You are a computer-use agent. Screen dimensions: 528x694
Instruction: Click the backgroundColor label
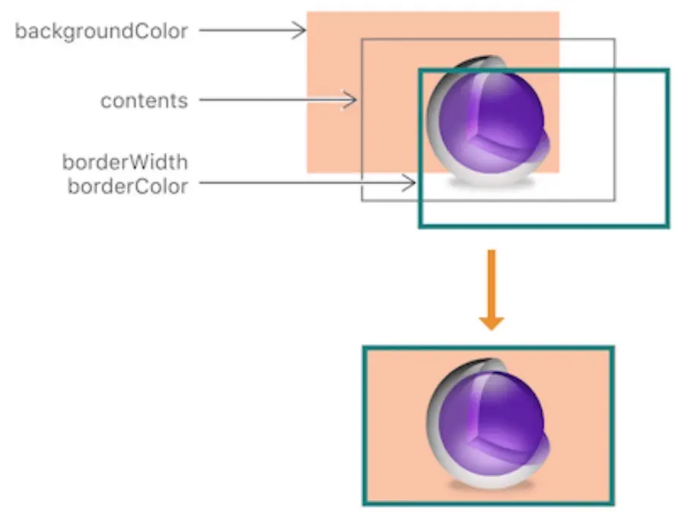(101, 32)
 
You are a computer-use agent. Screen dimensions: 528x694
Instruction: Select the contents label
(145, 100)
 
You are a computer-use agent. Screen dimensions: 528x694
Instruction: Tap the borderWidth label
(126, 162)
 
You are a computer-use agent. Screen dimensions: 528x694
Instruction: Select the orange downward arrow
(492, 289)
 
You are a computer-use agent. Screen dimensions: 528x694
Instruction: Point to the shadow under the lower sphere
(490, 482)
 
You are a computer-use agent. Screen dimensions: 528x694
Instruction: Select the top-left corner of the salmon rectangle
(307, 12)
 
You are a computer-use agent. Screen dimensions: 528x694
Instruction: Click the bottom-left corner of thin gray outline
(362, 201)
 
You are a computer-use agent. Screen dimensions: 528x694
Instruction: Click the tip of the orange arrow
(492, 329)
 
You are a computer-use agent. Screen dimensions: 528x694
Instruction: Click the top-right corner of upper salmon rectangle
(559, 12)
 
